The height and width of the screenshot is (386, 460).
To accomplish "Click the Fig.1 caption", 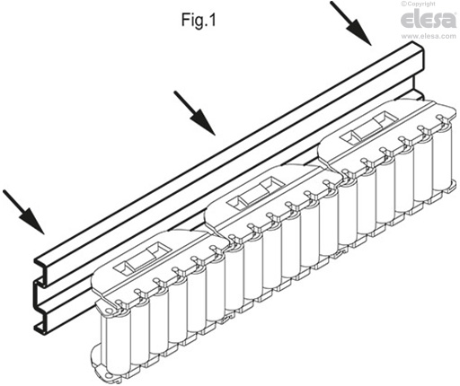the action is click(199, 21).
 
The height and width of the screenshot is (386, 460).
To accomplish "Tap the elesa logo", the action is click(429, 19).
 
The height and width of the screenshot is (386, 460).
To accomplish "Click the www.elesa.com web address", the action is click(429, 36).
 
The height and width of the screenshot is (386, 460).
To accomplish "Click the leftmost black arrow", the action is click(23, 212).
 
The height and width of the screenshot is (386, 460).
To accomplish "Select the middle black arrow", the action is click(194, 113).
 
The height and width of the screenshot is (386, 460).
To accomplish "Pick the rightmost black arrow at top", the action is click(350, 23).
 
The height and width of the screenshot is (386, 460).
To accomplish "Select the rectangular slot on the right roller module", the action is click(367, 128).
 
